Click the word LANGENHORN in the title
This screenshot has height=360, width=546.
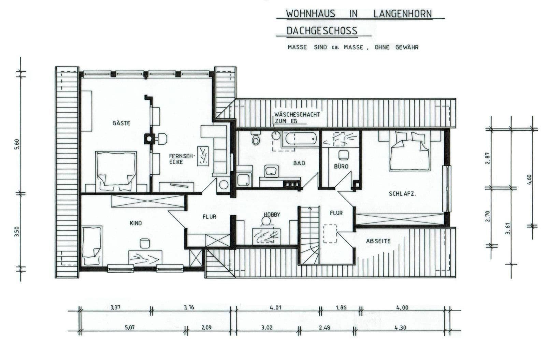[402, 14]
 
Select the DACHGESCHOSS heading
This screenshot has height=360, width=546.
[321, 31]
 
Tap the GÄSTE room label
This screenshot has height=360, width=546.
[121, 123]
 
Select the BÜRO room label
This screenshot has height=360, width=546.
[341, 167]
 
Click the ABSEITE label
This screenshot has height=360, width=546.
[378, 241]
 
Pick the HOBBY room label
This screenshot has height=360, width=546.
[272, 215]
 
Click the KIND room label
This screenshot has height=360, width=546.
[135, 223]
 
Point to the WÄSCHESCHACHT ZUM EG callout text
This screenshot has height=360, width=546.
[297, 117]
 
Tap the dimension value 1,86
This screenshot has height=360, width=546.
[341, 307]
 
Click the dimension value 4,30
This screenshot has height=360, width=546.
[401, 328]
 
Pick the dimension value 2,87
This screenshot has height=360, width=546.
[487, 158]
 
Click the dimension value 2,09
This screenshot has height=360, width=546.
[206, 328]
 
